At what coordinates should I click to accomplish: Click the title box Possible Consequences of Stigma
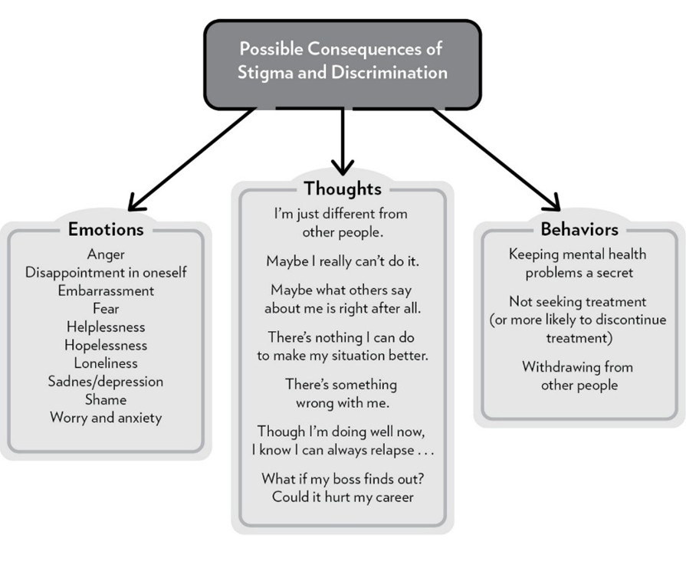point(343,61)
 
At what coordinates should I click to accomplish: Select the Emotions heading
point(106,229)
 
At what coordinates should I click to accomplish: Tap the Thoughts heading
point(342,189)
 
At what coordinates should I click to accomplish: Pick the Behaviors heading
point(579,229)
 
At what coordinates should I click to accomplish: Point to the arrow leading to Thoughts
point(342,142)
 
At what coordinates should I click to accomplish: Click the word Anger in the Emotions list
point(106,254)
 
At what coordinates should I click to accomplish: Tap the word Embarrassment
point(106,290)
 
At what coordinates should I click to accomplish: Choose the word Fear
point(106,309)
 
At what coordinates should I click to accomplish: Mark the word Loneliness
point(106,363)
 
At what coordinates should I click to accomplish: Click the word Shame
point(106,399)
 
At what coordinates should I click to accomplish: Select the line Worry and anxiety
point(106,418)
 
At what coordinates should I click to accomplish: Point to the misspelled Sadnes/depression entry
point(106,382)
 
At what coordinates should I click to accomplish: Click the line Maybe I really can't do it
point(342,261)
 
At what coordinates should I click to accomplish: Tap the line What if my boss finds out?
point(342,479)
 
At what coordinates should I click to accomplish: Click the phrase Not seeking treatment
point(578,302)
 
